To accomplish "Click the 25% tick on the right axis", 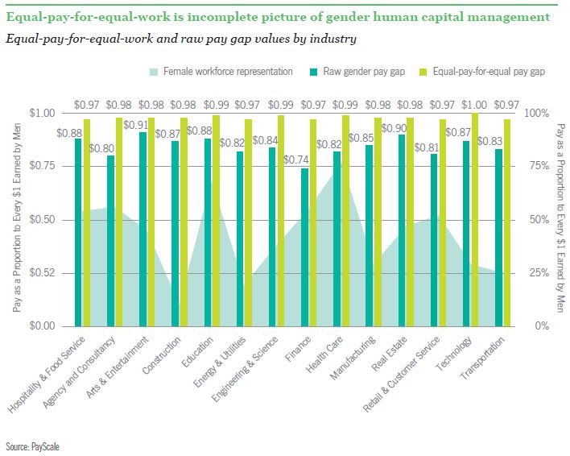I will click(535, 272).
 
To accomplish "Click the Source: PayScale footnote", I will click(31, 446).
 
